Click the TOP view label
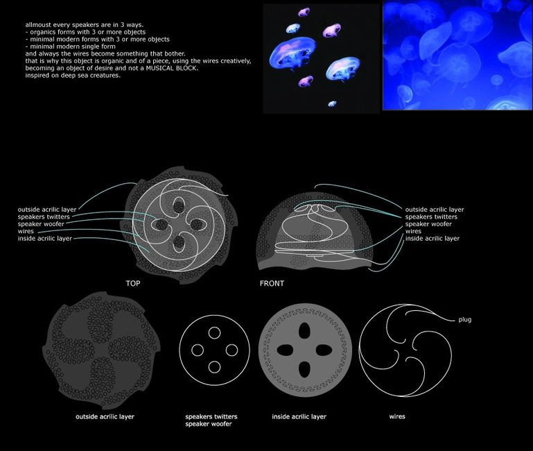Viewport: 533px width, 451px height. tap(133, 283)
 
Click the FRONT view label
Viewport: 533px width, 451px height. tap(272, 283)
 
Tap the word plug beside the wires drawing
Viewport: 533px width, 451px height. tap(464, 320)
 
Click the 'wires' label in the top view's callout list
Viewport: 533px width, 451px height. tap(26, 231)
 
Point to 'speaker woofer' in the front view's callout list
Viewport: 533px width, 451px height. tap(428, 224)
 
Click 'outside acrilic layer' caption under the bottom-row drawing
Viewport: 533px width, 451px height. tap(105, 416)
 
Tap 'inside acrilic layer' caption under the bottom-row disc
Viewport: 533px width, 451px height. tap(299, 416)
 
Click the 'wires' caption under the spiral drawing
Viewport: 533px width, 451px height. tap(397, 416)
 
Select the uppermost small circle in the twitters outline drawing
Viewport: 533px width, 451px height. tap(214, 333)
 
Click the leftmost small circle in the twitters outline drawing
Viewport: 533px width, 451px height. tap(198, 350)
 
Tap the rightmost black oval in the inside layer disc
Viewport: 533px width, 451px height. tap(324, 350)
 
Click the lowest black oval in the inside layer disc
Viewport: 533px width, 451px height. tap(304, 369)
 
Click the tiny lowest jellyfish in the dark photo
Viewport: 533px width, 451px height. tap(332, 103)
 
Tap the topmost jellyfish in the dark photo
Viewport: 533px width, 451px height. tap(304, 12)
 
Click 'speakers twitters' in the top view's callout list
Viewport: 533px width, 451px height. tap(44, 216)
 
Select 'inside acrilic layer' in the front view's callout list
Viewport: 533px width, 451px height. tap(432, 239)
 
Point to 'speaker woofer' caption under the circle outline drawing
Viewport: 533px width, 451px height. tap(209, 424)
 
